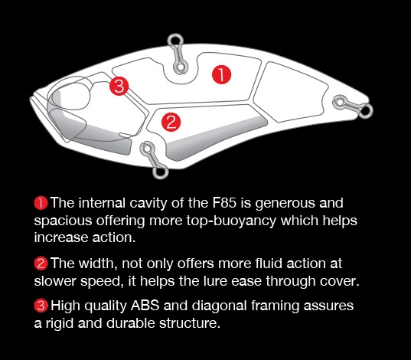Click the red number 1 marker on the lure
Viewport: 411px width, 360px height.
[x=221, y=74]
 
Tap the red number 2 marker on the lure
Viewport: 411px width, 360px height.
[x=171, y=122]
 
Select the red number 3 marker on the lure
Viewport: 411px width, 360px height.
[x=119, y=86]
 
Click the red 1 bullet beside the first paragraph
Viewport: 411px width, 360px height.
[x=41, y=203]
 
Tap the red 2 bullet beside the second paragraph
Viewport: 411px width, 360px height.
[x=41, y=263]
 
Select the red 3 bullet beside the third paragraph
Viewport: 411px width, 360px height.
[x=41, y=306]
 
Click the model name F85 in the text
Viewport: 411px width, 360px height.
[x=224, y=203]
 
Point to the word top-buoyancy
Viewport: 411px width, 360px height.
[x=231, y=221]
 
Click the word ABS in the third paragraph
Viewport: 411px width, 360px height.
[x=145, y=306]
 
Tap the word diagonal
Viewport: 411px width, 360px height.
[x=219, y=306]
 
